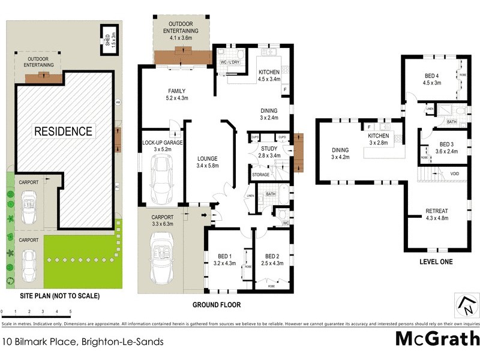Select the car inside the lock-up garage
(160, 179)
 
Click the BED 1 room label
(223, 259)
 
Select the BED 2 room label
(272, 259)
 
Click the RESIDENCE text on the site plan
(63, 131)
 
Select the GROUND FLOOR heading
(217, 305)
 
